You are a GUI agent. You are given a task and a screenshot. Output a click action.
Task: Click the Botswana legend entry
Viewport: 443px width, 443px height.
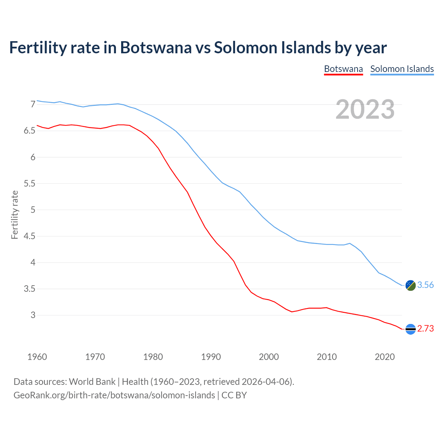(x=343, y=69)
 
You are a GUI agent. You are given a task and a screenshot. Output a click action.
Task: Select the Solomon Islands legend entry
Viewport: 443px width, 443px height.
(x=402, y=69)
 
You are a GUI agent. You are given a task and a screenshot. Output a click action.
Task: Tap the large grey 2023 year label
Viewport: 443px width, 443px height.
(x=365, y=109)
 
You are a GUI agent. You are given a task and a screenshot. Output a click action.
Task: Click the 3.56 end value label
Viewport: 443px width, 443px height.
(x=425, y=285)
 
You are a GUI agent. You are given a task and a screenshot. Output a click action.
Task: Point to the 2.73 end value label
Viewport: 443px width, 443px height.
(x=425, y=328)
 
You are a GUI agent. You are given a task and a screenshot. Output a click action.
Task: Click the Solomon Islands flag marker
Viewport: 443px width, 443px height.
(x=410, y=285)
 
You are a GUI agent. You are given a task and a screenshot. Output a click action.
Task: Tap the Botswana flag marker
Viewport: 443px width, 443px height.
(x=410, y=329)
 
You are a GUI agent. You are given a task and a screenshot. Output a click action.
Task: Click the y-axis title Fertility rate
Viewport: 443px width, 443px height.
(x=15, y=215)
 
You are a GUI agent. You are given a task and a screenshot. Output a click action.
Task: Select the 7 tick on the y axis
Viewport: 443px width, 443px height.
(x=33, y=104)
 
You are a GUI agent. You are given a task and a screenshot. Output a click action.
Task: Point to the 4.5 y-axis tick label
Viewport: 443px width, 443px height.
(x=29, y=236)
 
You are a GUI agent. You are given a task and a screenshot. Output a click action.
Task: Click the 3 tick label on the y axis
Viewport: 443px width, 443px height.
(x=33, y=315)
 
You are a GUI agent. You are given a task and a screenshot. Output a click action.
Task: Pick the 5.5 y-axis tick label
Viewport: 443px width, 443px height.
(x=29, y=183)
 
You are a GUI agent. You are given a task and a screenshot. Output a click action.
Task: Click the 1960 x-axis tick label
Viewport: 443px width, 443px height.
(x=37, y=357)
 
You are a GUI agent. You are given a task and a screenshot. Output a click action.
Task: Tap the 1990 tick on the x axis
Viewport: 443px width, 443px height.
(x=211, y=357)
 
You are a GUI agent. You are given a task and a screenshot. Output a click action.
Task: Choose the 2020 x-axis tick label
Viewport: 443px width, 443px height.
(x=385, y=357)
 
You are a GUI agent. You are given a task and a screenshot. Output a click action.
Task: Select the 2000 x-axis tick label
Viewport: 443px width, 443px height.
(x=269, y=357)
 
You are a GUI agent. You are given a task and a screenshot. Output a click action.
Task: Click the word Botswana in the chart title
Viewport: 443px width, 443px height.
(x=155, y=47)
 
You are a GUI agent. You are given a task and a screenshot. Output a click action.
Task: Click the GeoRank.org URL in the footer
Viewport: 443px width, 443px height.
(x=114, y=395)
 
